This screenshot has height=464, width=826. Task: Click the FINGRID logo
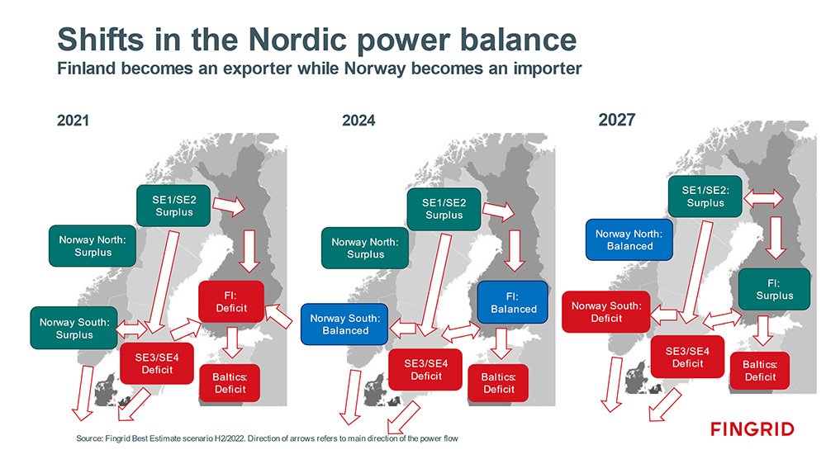click(x=752, y=428)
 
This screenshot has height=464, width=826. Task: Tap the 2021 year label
click(x=73, y=121)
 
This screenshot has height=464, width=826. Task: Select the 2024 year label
click(x=358, y=121)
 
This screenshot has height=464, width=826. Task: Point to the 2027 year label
click(x=617, y=120)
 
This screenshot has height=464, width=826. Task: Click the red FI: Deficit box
click(x=231, y=302)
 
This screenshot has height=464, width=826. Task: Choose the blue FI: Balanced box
click(x=513, y=302)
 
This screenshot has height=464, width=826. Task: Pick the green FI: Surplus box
click(x=774, y=289)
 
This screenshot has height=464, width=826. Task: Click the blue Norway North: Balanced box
click(x=629, y=239)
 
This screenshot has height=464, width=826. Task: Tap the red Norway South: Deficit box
click(x=605, y=312)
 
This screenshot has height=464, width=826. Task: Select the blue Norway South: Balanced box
click(x=344, y=324)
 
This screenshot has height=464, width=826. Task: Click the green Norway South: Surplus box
click(x=74, y=328)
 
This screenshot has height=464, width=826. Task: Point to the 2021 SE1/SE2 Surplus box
click(x=173, y=206)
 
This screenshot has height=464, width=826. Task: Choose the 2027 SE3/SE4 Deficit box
click(x=687, y=357)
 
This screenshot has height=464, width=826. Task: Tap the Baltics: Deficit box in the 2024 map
click(x=498, y=383)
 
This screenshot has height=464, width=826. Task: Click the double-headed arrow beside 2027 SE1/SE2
click(x=762, y=198)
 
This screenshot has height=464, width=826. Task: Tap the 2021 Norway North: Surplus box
click(x=93, y=246)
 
